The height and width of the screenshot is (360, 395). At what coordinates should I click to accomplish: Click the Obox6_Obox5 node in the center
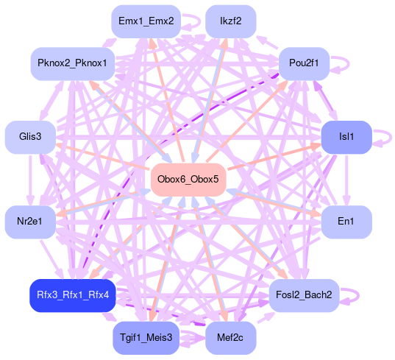pos(188,180)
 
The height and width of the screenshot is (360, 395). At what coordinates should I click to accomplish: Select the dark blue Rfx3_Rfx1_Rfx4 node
pos(73,295)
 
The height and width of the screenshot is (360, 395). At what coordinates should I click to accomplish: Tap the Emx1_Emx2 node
pos(146,21)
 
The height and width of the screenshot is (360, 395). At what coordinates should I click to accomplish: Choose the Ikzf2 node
pos(231,21)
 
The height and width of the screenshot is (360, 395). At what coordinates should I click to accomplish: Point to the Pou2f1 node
pos(304,63)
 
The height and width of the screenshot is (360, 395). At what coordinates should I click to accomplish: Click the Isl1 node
pos(346,137)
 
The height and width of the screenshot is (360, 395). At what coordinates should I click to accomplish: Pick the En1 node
pos(346,222)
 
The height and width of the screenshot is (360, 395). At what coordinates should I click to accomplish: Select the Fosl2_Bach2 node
pos(304,295)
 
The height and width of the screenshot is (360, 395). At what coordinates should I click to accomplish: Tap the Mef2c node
pos(231,338)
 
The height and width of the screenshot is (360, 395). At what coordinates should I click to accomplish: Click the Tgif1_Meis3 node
pos(146,338)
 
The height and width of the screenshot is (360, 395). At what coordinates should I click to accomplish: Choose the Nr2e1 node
pos(30,222)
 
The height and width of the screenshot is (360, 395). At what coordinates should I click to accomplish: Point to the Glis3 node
pos(30,137)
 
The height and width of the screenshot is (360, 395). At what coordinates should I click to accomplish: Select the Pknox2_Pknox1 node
pos(73,63)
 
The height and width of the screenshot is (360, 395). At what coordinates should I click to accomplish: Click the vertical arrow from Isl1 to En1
pos(346,180)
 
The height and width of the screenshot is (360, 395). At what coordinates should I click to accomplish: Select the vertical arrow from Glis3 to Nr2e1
pos(30,180)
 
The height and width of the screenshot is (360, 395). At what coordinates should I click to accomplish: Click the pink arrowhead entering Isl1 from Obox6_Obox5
pos(316,146)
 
